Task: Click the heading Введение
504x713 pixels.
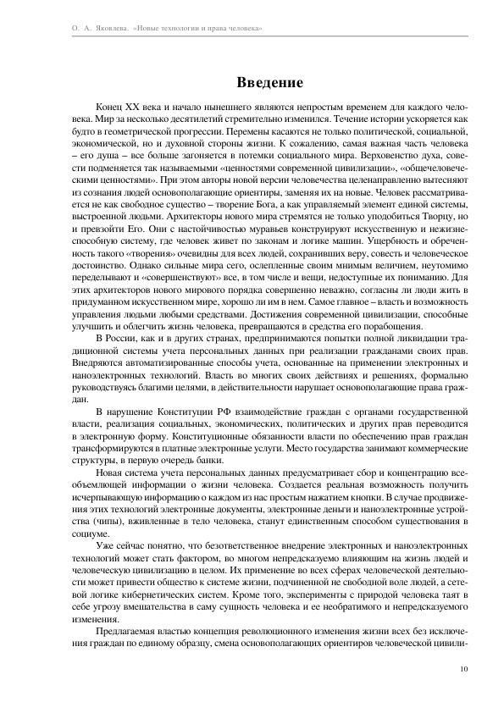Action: [269, 83]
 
